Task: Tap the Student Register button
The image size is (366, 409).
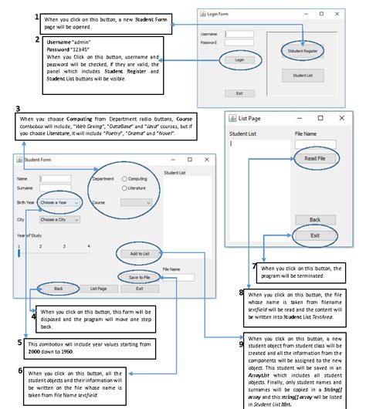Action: coord(303,50)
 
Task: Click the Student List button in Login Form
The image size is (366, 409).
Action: coord(303,76)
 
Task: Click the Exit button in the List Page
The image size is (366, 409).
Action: coord(314,235)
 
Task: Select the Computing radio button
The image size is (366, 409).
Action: coord(125,178)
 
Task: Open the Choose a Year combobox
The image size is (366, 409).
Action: coord(59,203)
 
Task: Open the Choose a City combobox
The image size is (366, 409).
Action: coord(59,219)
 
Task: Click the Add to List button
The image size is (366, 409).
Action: coord(139,253)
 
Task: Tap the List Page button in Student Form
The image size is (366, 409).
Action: coord(98,288)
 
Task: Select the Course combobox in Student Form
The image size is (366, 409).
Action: coord(136,203)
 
